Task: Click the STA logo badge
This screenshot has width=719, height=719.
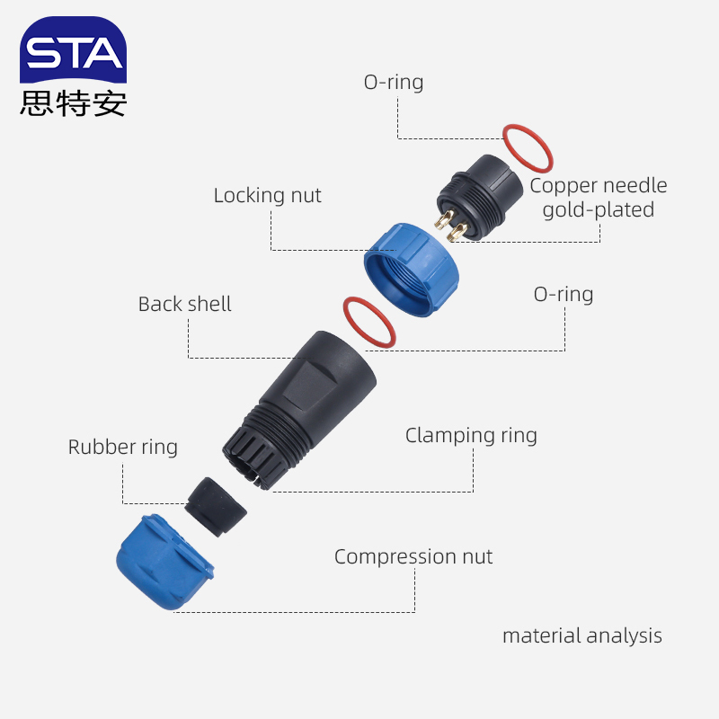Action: click(x=74, y=51)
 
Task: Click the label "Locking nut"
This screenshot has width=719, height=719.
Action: click(x=267, y=195)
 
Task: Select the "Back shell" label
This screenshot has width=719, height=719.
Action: click(x=184, y=304)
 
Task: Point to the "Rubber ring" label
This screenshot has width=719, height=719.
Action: click(x=123, y=447)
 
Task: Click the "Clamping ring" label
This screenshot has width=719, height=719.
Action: click(x=471, y=436)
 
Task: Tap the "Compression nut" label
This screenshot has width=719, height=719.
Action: click(x=413, y=556)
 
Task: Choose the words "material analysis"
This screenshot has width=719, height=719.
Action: click(x=581, y=635)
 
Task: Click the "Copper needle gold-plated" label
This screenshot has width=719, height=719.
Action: click(x=598, y=198)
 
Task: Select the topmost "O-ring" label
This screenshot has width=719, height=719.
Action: click(x=393, y=82)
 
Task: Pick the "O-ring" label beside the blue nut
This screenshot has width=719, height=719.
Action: click(x=564, y=294)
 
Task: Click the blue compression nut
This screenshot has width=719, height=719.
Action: click(x=164, y=564)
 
